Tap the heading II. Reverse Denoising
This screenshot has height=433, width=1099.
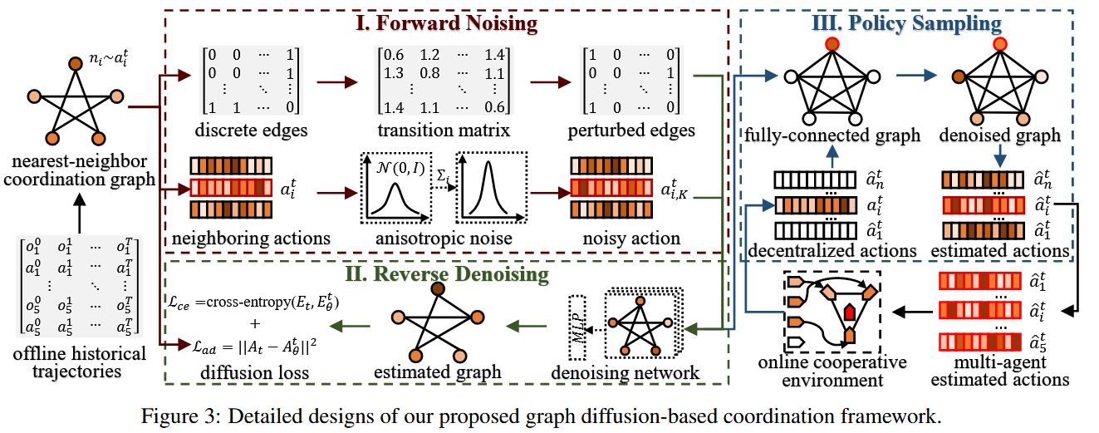[448, 273]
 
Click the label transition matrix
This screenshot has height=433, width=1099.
[443, 131]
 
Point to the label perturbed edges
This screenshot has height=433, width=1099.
[631, 131]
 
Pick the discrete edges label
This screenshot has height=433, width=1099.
[249, 131]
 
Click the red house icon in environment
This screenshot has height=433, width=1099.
[849, 312]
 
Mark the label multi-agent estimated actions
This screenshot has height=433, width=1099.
[1000, 371]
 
